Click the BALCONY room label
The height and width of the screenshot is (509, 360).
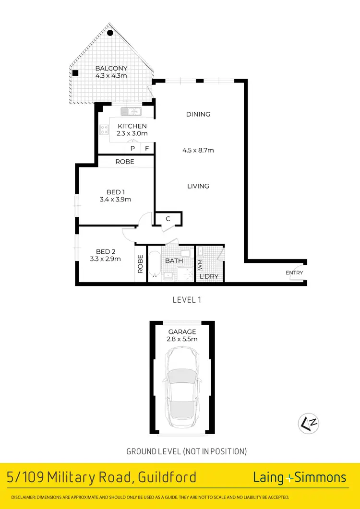pos(111,68)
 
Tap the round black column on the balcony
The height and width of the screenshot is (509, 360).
pos(110,33)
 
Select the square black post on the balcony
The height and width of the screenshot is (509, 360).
pos(75,73)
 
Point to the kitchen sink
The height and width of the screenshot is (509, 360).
pos(130,112)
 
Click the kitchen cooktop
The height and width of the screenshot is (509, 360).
pos(103,129)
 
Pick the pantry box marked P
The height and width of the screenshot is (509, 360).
pos(132,149)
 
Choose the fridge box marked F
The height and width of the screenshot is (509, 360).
pos(147,149)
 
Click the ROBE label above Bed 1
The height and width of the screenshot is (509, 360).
pos(125,162)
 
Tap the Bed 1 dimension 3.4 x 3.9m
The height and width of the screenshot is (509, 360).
pos(116,200)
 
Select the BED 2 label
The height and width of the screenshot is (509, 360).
pos(106,251)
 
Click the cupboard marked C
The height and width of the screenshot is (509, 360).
pos(168,219)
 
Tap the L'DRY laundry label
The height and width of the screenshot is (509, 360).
pos(209,276)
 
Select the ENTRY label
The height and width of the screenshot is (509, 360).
pos(294,273)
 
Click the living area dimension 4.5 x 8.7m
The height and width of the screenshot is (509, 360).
pos(198,150)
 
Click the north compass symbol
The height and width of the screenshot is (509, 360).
pos(309,423)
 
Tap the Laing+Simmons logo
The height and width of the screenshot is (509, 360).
pos(300,477)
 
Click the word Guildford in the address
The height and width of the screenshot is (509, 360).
pos(168,477)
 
